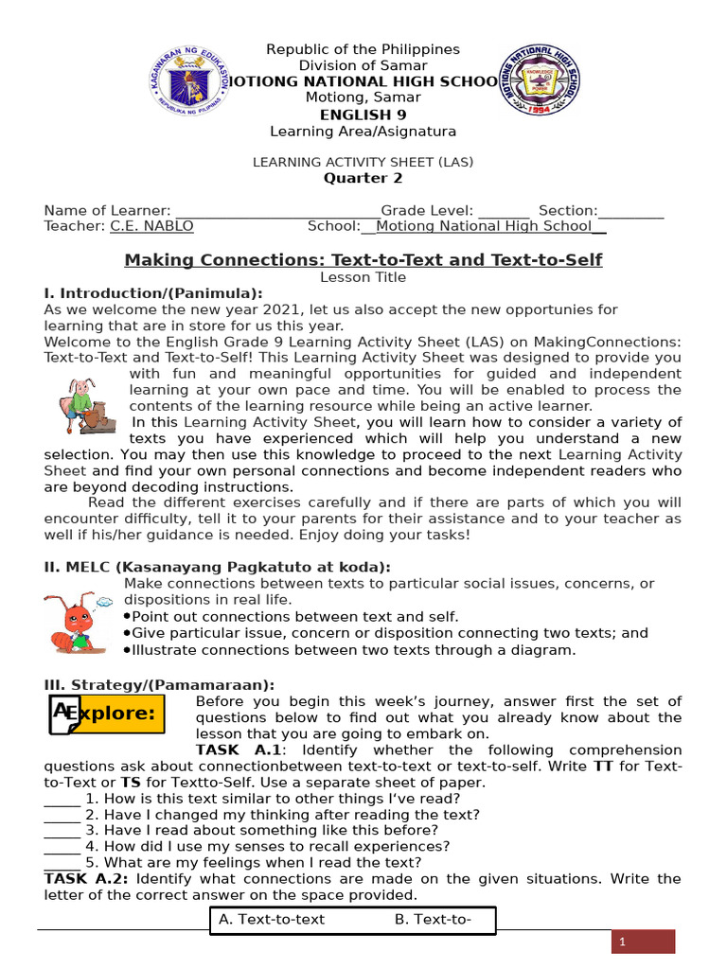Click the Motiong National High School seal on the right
point(539,82)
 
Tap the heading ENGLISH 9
point(363,115)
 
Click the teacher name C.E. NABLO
point(151,226)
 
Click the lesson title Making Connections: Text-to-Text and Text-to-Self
point(363,259)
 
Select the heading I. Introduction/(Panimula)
point(153,293)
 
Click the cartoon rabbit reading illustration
point(84,404)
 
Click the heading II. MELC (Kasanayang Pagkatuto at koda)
point(217,567)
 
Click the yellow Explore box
point(106,714)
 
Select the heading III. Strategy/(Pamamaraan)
point(159,684)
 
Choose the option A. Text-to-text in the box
point(272,919)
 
